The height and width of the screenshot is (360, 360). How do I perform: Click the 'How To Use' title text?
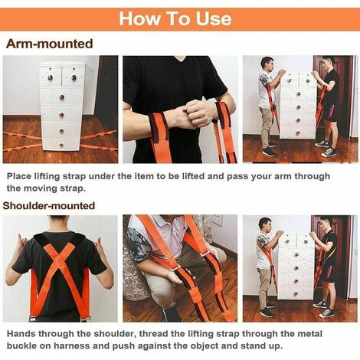pos(175,18)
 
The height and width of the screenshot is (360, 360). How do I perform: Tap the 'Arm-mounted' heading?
pos(49,44)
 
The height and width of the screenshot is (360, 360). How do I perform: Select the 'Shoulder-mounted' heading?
pos(49,205)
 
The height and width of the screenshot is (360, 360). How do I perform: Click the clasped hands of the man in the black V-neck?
pos(193,113)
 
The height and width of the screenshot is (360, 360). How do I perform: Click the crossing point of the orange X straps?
pos(61,260)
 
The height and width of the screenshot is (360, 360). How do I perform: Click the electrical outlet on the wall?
pos(217,221)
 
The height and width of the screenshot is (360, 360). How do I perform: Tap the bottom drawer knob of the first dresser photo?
pos(61,146)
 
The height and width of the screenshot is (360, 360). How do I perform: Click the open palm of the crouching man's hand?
pos(174,277)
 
